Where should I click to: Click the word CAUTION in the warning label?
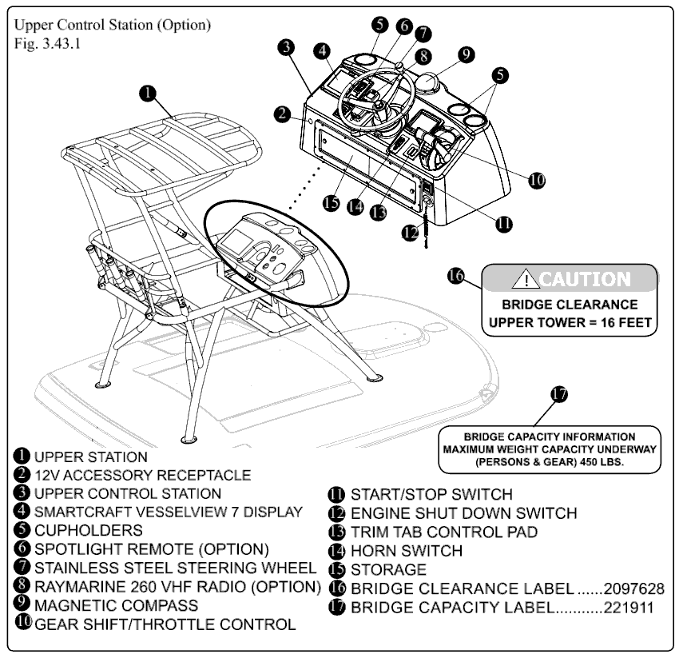point(585,280)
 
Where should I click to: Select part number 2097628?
point(633,589)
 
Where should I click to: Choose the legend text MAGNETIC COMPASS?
point(116,605)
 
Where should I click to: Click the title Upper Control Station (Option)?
point(113,25)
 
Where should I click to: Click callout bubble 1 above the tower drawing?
point(148,93)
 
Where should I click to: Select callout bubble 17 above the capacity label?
point(559,394)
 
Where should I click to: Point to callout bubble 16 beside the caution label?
point(456,276)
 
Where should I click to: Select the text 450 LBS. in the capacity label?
point(598,462)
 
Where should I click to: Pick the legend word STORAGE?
point(389,570)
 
